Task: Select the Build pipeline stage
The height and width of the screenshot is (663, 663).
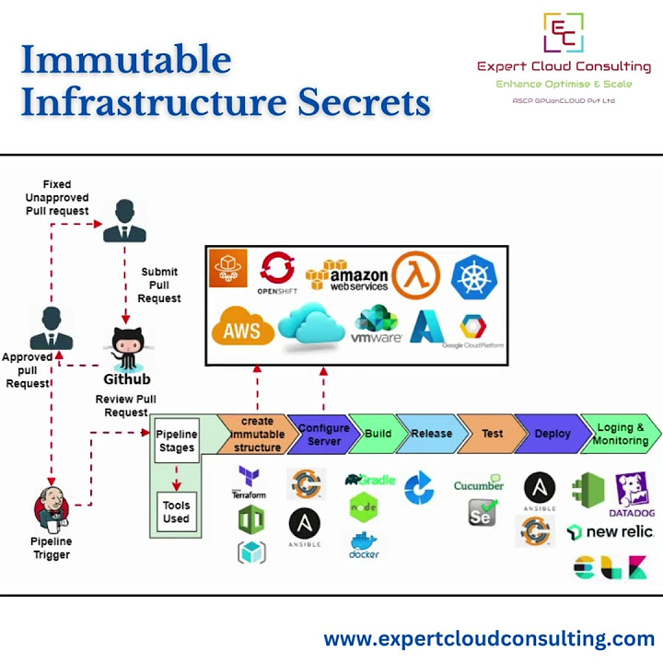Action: point(378,434)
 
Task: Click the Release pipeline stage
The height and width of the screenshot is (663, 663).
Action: point(431,434)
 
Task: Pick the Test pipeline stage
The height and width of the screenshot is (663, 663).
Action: point(492,434)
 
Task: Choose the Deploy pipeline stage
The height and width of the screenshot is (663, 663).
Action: point(552,434)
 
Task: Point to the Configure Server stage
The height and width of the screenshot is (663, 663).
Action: point(323,435)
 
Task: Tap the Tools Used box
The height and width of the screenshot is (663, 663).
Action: point(176,512)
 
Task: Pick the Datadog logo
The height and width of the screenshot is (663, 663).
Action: point(633,494)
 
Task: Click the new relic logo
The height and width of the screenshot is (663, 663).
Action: point(610,532)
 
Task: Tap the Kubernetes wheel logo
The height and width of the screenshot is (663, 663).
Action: point(474,276)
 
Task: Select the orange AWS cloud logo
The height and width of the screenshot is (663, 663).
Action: point(243,329)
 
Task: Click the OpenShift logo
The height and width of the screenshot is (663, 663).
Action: point(276,275)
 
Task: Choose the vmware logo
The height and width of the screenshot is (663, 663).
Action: point(377,326)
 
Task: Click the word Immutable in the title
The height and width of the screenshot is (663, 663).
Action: point(126,60)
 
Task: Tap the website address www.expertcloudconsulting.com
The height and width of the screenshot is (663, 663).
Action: point(489,638)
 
